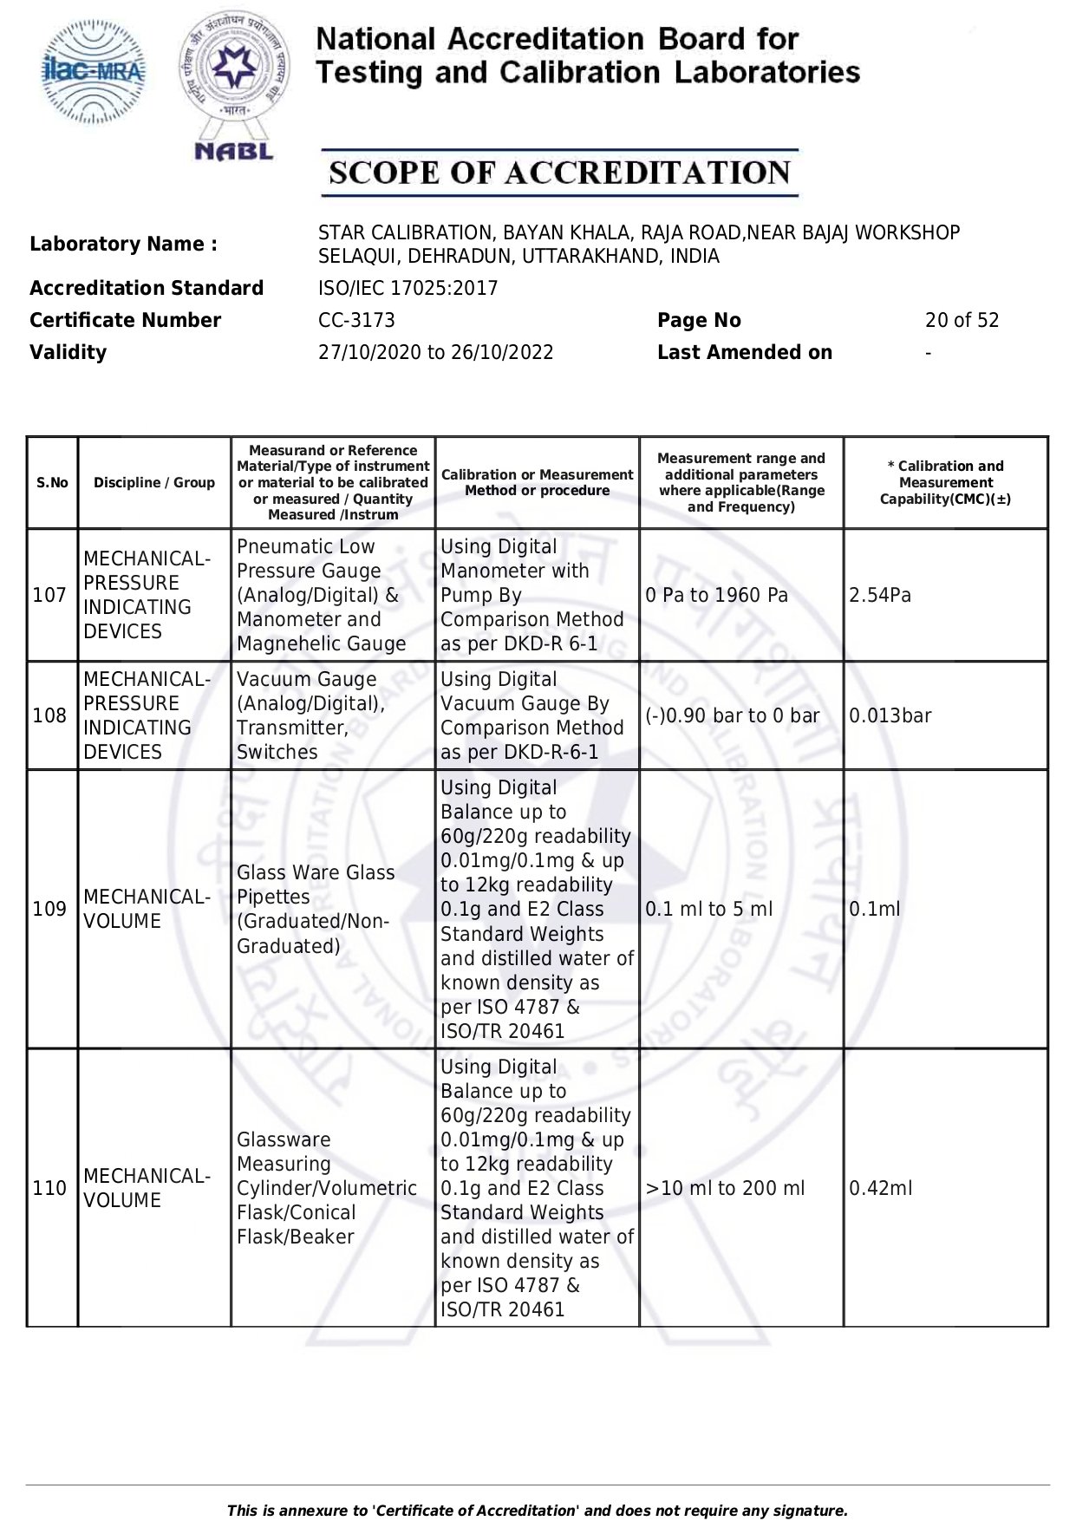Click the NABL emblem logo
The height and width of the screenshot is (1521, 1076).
click(x=234, y=87)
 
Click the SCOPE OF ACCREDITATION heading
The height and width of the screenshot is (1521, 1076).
click(x=559, y=173)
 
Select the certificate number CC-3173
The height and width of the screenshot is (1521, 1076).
click(x=356, y=320)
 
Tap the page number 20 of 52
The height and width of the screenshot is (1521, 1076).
click(x=962, y=320)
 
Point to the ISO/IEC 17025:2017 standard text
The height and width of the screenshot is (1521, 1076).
click(x=408, y=288)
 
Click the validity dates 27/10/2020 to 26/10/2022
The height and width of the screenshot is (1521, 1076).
click(x=435, y=352)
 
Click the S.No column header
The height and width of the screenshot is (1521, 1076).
click(x=52, y=483)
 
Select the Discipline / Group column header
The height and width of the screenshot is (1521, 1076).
click(x=154, y=483)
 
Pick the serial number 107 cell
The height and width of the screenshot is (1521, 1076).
click(x=49, y=595)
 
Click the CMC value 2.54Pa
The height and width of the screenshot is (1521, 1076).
click(x=880, y=595)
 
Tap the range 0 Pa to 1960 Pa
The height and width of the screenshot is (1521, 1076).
click(x=716, y=595)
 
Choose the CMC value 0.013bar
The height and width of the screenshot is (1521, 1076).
click(x=890, y=715)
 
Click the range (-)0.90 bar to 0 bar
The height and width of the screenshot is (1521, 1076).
click(x=732, y=715)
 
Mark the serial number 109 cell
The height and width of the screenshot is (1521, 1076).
click(x=49, y=909)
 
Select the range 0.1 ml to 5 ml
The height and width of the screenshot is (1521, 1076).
click(x=708, y=909)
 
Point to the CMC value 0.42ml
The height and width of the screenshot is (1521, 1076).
click(x=880, y=1188)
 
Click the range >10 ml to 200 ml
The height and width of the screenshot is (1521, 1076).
click(x=725, y=1188)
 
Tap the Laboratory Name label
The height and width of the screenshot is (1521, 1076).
click(x=124, y=245)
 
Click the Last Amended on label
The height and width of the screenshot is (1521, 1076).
click(x=744, y=352)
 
